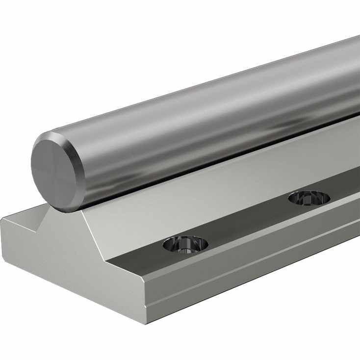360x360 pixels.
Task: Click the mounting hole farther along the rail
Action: pyautogui.click(x=309, y=198)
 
